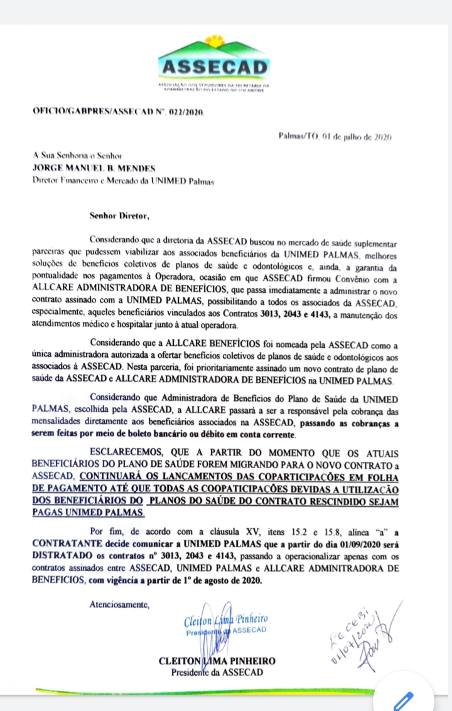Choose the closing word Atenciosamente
coord(119,605)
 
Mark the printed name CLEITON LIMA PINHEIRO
coord(217,661)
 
